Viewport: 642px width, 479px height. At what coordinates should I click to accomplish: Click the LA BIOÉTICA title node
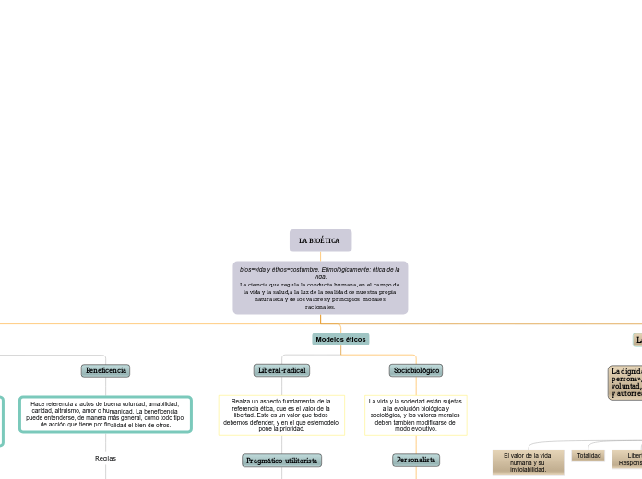320,240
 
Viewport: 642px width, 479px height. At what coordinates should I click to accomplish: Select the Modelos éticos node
340,339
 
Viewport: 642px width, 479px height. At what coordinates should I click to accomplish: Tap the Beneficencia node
105,370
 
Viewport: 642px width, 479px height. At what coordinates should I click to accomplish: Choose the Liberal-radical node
281,370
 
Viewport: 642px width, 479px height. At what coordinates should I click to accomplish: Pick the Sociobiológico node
416,370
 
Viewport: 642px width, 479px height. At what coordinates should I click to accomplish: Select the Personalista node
416,460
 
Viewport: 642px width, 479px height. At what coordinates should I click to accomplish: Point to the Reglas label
105,458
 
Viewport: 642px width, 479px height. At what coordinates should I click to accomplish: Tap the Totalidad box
588,455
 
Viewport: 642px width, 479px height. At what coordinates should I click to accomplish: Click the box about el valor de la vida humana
528,461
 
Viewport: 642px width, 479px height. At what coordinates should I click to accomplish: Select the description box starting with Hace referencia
105,415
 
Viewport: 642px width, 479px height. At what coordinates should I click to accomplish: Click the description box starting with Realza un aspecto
281,415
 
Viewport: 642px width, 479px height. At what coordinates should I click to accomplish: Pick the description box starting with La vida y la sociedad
416,415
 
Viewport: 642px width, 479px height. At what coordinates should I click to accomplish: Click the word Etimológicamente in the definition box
348,269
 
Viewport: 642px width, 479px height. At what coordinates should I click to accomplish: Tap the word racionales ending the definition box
320,307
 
